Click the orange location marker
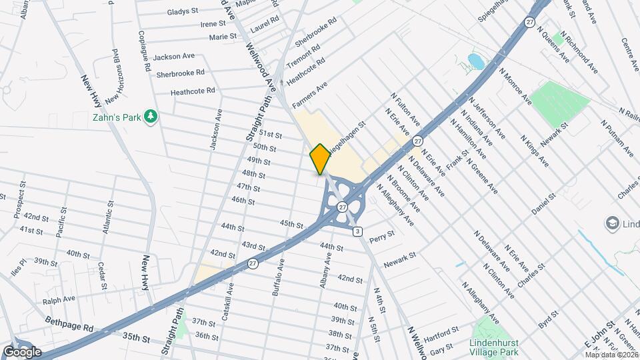(320, 159)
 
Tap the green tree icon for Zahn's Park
(152, 117)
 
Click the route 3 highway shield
(358, 231)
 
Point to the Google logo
(22, 351)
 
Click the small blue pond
(476, 62)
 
